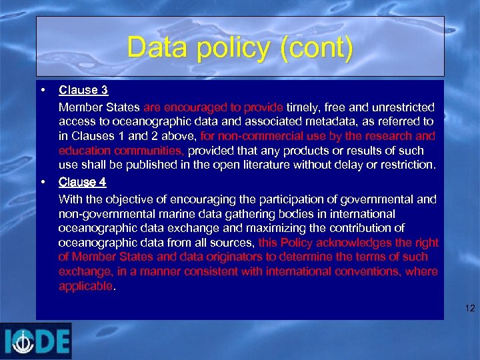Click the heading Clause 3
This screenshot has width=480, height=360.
pyautogui.click(x=83, y=90)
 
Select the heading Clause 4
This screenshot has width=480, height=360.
pyautogui.click(x=83, y=182)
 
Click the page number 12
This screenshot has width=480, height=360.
pyautogui.click(x=470, y=308)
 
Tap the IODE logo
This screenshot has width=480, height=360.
pyautogui.click(x=36, y=341)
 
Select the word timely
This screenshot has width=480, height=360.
pyautogui.click(x=302, y=107)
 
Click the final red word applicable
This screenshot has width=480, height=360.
pyautogui.click(x=86, y=286)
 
